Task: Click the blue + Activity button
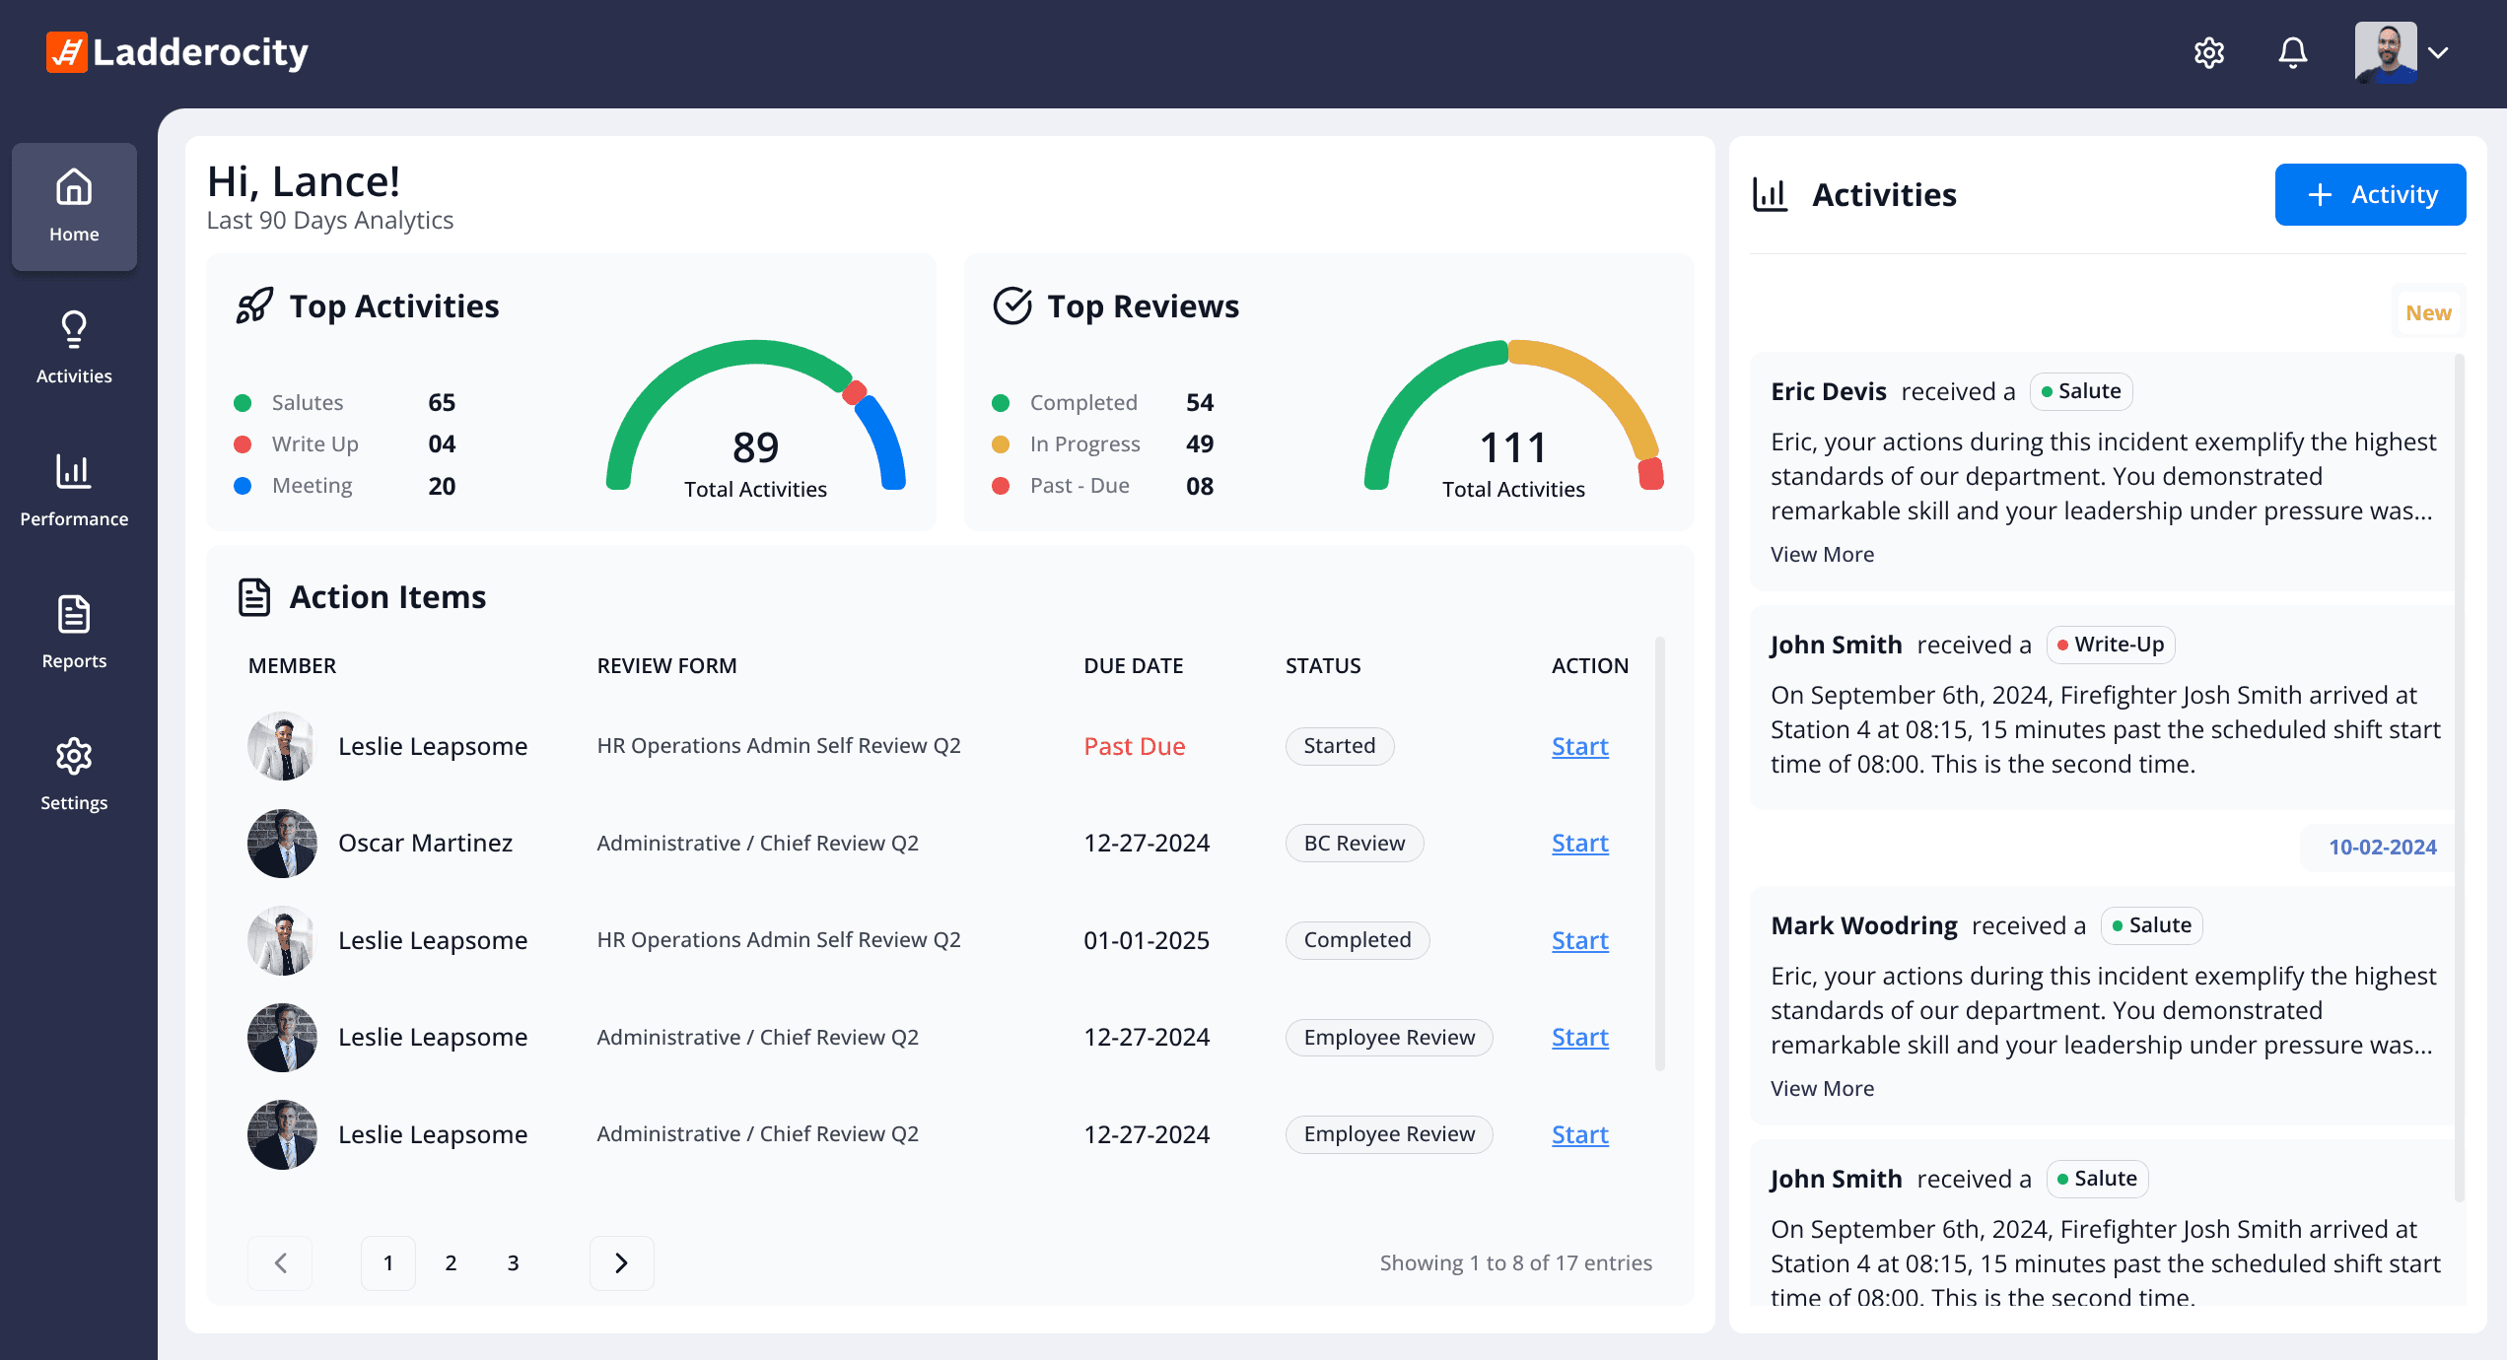[x=2370, y=194]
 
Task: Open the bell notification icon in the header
[x=2293, y=52]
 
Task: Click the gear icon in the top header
[x=2209, y=52]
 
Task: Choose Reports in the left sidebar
[x=74, y=632]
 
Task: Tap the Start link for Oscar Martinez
[x=1580, y=843]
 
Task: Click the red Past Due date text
[x=1135, y=746]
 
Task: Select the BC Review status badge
[x=1355, y=843]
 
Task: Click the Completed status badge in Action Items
[x=1358, y=939]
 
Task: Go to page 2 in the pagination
[x=451, y=1262]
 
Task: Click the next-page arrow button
[x=621, y=1262]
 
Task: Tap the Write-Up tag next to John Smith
[x=2111, y=645]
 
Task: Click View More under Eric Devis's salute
[x=1822, y=554]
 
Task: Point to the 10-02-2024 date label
[x=2382, y=847]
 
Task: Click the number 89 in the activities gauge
[x=755, y=447]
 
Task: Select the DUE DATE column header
[x=1133, y=665]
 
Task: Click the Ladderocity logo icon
[x=67, y=52]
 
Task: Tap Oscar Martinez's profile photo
[x=282, y=843]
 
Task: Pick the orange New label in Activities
[x=2428, y=312]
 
